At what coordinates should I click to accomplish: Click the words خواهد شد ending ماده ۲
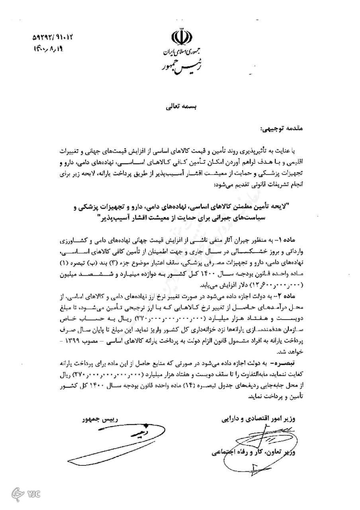(x=322, y=352)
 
